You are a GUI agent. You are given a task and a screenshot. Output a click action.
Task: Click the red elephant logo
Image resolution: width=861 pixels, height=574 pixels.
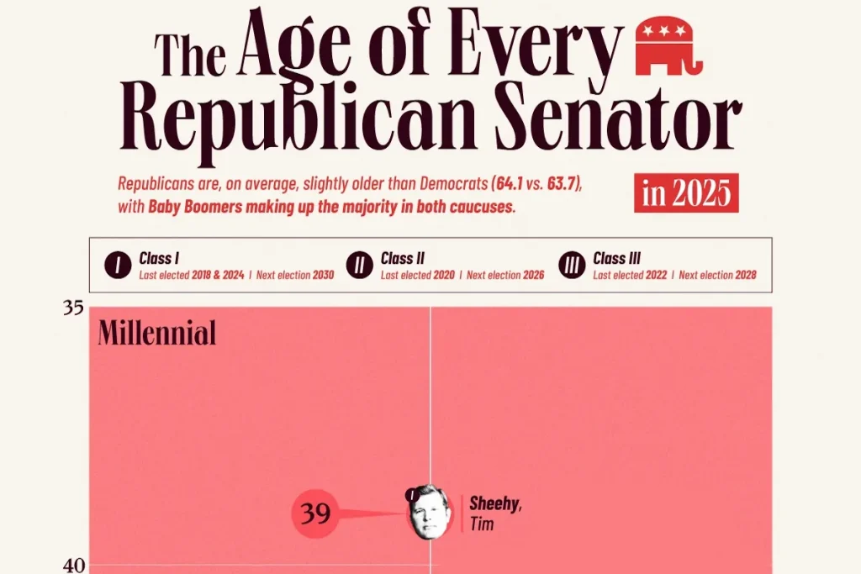click(669, 45)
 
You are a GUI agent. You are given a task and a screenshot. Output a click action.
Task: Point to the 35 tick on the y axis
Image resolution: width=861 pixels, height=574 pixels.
click(73, 308)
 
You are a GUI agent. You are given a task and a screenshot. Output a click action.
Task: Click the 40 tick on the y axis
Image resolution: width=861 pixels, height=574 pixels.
click(73, 565)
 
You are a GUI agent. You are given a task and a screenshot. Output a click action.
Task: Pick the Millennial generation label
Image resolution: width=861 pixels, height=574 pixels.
click(157, 334)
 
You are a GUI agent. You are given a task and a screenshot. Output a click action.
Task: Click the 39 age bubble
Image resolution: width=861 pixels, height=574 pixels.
click(315, 513)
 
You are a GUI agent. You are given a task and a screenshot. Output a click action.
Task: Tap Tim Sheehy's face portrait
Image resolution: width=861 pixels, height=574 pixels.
click(429, 513)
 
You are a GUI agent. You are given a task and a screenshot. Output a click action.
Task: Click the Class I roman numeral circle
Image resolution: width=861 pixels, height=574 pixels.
click(117, 266)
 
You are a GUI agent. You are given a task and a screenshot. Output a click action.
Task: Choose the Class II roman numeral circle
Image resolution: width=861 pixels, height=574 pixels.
click(359, 266)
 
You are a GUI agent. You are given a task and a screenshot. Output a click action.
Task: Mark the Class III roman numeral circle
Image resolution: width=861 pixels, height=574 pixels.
click(572, 266)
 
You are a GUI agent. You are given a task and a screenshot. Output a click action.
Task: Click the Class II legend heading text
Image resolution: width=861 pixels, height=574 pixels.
click(402, 258)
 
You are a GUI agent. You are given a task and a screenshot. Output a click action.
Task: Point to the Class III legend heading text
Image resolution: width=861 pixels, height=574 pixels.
click(616, 258)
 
